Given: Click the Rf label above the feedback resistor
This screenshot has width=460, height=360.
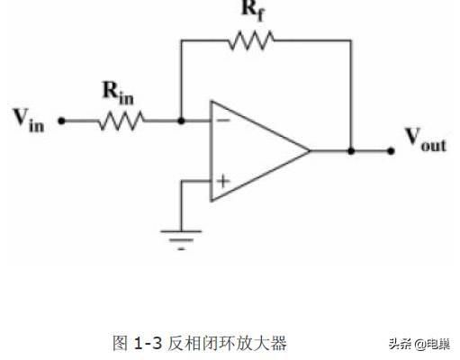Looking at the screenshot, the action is point(254,11).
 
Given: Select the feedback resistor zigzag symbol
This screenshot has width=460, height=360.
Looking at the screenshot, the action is point(251,40).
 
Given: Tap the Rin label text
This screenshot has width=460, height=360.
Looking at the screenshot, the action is point(118,94).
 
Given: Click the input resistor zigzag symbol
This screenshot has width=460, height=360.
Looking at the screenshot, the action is point(122,121).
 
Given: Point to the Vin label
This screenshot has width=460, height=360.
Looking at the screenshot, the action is point(29,120).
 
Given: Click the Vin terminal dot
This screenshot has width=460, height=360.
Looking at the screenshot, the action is point(61,121).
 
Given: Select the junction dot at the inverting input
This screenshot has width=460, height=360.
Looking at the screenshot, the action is point(181,121).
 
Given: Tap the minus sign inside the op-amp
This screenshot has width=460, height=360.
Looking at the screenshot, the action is point(223,121).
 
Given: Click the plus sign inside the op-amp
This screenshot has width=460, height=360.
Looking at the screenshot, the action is point(223,181).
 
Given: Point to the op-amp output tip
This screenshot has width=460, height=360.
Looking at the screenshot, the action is point(310,150).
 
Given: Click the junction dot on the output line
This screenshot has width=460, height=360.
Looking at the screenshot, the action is point(351,151).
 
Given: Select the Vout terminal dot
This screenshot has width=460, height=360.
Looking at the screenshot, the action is point(391,151).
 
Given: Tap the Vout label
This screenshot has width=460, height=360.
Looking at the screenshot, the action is point(426,139).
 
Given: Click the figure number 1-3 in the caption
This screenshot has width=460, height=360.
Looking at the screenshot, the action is point(148,343).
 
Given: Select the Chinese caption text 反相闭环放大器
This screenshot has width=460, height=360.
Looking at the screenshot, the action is point(227,343).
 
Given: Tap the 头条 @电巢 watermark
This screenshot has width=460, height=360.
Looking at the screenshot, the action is point(419,344).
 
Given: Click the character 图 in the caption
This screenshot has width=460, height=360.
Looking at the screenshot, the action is point(121,343).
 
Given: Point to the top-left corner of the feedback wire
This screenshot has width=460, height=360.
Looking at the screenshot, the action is point(181,40).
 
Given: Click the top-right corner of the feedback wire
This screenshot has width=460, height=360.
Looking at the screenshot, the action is point(351,40).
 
